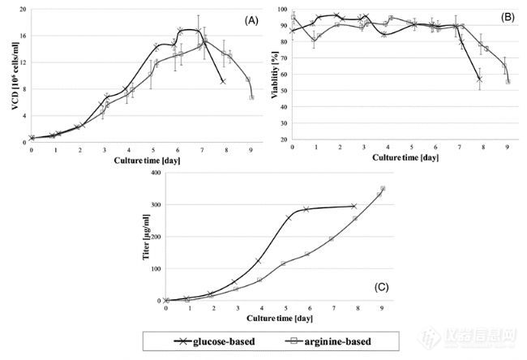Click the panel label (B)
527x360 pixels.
point(504,17)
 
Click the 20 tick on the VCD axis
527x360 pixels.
point(23,11)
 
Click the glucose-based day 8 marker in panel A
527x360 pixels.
point(222,82)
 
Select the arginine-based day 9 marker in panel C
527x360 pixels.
point(382,189)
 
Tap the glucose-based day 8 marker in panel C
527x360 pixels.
point(353,206)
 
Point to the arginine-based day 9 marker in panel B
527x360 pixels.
point(508,81)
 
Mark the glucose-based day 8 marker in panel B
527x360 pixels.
point(479,79)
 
